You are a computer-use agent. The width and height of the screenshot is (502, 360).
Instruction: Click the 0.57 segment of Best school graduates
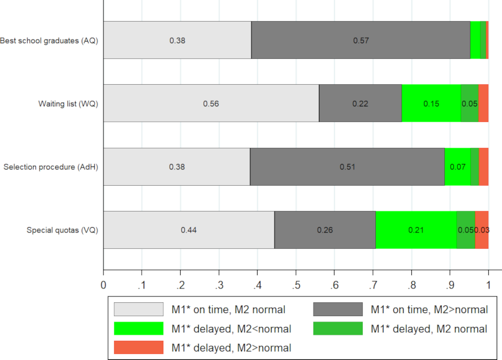pos(360,40)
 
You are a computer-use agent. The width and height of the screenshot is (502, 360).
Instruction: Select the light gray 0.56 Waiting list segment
pos(211,103)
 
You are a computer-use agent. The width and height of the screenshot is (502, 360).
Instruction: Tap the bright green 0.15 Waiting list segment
pos(431,103)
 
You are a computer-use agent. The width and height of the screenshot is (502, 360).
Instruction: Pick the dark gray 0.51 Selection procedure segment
pos(347,166)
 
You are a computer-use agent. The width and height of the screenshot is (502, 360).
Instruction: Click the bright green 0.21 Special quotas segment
pos(416,230)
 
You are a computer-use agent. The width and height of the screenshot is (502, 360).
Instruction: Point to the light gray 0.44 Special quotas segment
pos(189,230)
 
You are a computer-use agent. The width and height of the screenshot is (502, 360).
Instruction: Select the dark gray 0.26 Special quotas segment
pos(325,230)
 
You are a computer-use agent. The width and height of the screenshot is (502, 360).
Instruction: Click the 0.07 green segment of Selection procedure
pos(458,166)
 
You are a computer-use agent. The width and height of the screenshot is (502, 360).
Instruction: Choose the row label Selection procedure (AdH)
pos(51,166)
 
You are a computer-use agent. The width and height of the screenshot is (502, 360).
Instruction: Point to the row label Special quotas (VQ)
pos(62,230)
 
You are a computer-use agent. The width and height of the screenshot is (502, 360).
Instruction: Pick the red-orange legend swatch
pos(139,347)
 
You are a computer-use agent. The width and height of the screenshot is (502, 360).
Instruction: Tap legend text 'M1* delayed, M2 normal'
pos(429,329)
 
